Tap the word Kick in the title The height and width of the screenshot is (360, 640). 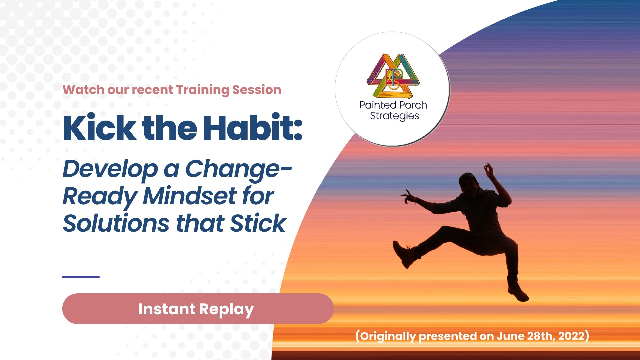pos(99,128)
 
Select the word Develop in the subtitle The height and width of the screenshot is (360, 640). pos(110,169)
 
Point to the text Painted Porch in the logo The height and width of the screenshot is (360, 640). pos(393,105)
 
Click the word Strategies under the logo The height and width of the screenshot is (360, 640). pos(394,116)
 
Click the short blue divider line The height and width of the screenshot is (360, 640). pos(81,277)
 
